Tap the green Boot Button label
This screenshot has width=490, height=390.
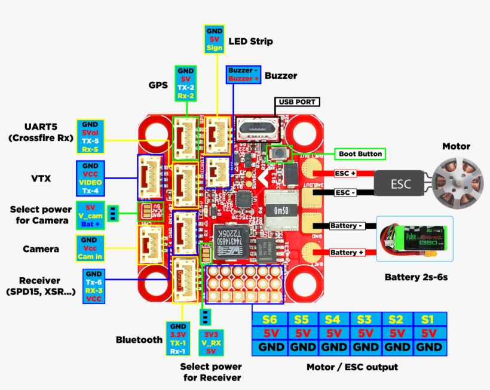click(x=360, y=154)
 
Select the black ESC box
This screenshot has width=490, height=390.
click(x=400, y=184)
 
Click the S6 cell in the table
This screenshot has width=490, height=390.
click(x=269, y=320)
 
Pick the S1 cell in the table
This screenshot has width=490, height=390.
click(x=428, y=320)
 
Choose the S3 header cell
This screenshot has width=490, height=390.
click(x=365, y=320)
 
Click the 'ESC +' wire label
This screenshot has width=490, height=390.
click(x=345, y=174)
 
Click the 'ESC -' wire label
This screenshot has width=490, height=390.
click(x=345, y=193)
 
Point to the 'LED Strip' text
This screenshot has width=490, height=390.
click(x=250, y=41)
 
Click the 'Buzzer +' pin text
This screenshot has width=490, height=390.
click(x=243, y=78)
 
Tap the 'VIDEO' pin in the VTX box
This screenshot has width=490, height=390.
click(x=91, y=182)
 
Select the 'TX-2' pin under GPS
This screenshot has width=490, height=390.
click(x=185, y=87)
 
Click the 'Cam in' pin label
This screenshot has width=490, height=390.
click(x=90, y=257)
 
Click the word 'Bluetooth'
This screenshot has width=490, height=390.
click(x=139, y=340)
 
